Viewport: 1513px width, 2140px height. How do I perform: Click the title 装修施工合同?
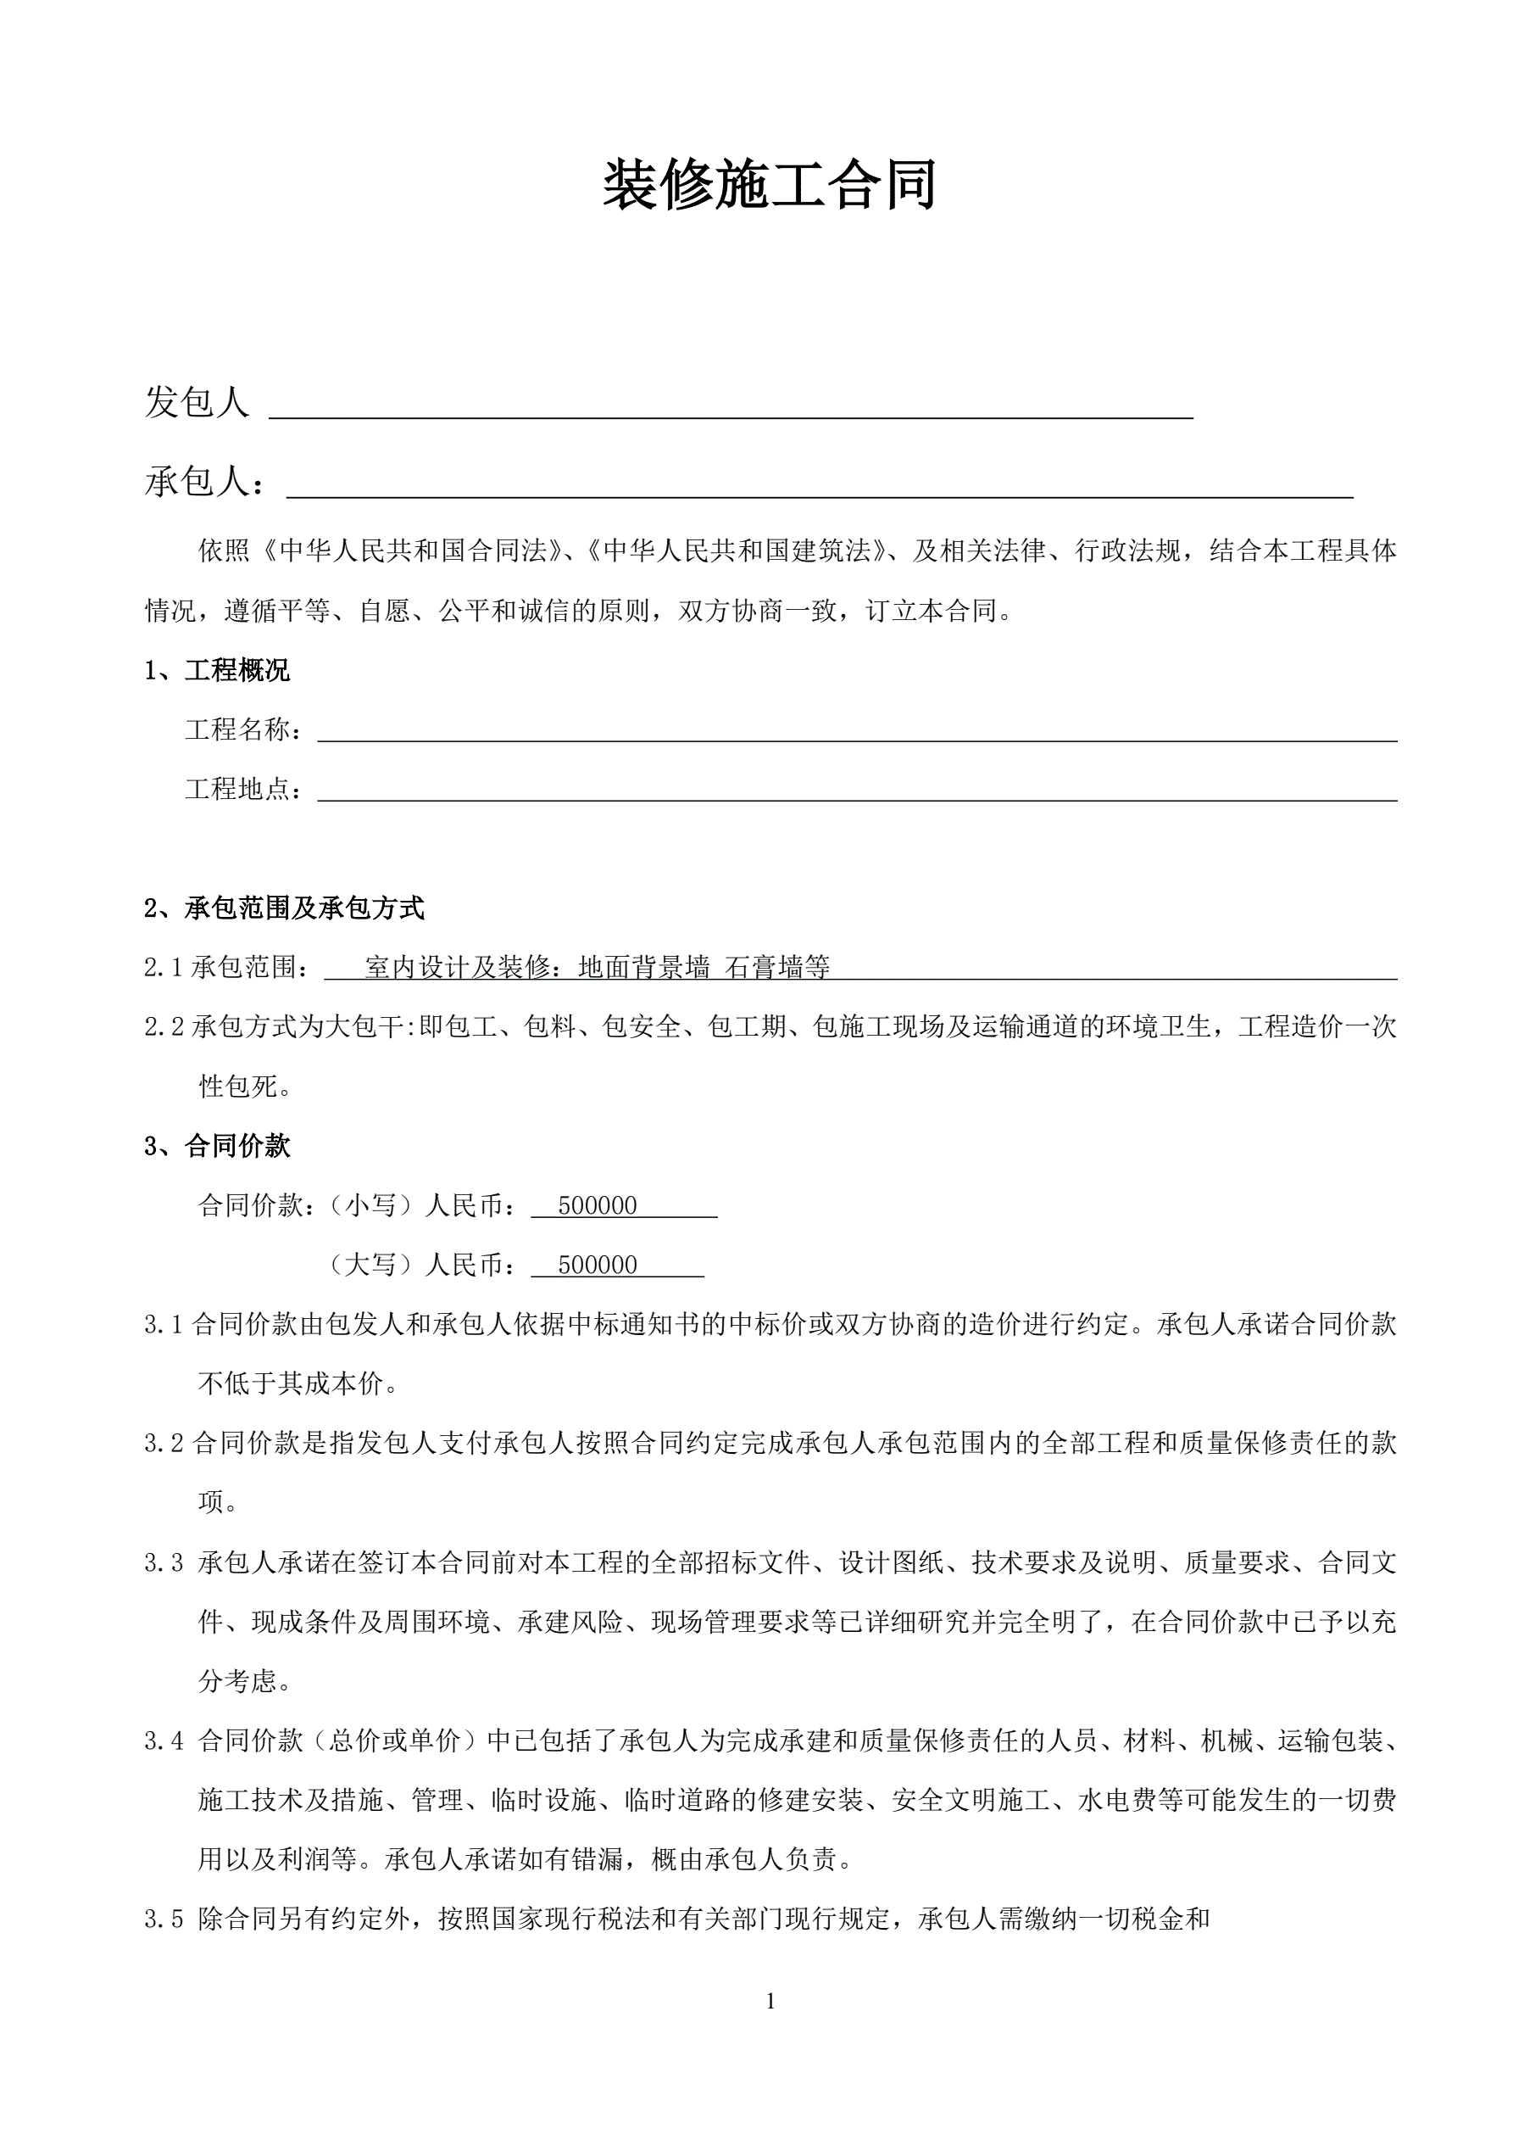769,186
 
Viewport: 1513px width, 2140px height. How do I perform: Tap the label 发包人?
197,403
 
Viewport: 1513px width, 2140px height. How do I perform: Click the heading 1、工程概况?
216,670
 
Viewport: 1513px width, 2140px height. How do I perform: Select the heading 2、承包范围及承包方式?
284,908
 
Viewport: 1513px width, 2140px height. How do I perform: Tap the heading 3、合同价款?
216,1147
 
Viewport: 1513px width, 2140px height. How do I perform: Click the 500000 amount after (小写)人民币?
598,1206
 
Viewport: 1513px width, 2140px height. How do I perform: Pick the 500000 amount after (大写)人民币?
598,1266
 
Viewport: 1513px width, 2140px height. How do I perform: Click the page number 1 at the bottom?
770,2001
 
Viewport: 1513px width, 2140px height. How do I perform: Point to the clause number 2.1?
163,968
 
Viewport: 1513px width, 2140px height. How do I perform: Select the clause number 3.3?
164,1563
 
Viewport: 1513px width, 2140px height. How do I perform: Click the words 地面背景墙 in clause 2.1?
644,968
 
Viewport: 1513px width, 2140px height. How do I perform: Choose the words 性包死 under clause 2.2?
238,1087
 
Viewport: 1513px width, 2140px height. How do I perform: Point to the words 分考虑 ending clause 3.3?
238,1681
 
